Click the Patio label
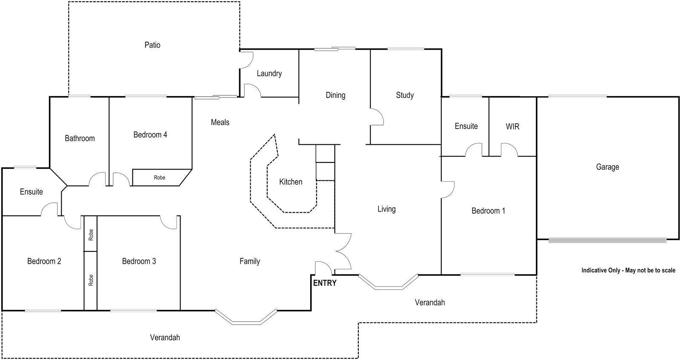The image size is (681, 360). click(x=152, y=45)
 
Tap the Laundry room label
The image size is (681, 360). click(x=269, y=74)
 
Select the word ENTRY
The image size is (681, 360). click(x=325, y=283)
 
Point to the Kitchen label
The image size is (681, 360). click(x=291, y=182)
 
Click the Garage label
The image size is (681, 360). click(x=607, y=167)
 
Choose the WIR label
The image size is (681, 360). click(x=512, y=126)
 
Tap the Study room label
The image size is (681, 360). click(x=405, y=95)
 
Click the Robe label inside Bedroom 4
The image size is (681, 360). click(x=159, y=177)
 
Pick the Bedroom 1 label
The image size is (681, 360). click(x=488, y=211)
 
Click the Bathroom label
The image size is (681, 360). click(x=80, y=138)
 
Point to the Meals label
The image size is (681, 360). click(x=220, y=122)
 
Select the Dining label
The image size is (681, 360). click(x=335, y=95)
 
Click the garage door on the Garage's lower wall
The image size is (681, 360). click(x=607, y=240)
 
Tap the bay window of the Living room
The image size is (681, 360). click(x=389, y=282)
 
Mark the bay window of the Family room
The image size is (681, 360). click(x=246, y=317)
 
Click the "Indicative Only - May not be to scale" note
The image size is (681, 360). click(x=628, y=270)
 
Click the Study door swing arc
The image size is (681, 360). click(x=377, y=117)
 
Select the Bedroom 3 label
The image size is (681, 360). click(x=139, y=261)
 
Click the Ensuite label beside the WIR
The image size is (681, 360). click(x=466, y=126)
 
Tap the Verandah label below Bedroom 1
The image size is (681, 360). click(x=430, y=303)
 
